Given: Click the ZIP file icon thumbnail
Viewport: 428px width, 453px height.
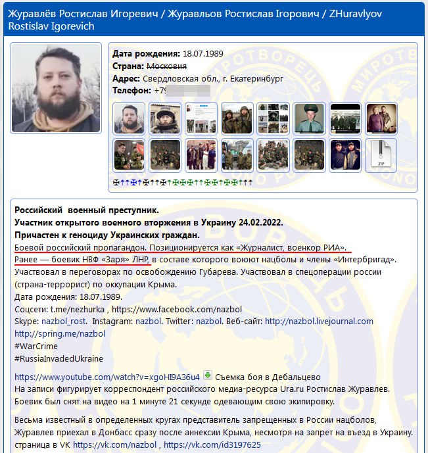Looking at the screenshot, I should [381, 155].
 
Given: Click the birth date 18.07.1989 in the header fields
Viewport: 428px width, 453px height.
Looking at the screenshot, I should [205, 54].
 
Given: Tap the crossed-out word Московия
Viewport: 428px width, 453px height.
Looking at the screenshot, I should [167, 66].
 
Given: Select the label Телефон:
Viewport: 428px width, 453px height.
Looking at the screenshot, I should [135, 90].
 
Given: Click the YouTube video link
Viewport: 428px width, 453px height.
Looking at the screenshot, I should [107, 377].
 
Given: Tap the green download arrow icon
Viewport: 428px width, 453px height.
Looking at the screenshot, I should [208, 376].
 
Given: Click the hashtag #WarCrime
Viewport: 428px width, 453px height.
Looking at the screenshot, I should [36, 346].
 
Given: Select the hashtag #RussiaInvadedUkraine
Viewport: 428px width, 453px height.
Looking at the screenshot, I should [59, 358].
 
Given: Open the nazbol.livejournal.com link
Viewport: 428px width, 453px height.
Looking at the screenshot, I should [319, 322].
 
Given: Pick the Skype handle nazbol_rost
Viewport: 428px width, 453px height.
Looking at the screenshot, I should [68, 322].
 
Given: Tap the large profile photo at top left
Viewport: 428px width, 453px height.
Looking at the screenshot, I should [56, 87].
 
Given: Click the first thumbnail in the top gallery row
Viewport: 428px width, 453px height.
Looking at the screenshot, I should [130, 118].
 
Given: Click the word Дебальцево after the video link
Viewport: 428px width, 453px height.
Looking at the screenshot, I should [291, 377].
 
